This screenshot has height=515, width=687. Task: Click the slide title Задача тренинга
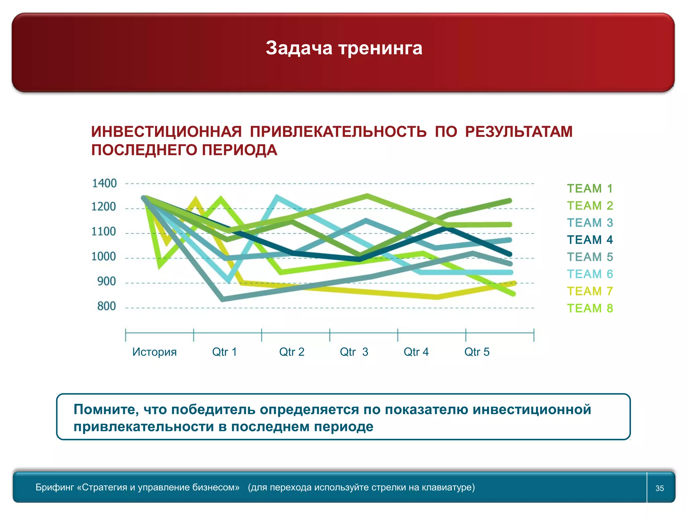344,48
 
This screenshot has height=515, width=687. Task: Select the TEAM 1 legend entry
590,188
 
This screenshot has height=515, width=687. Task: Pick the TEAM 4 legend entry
590,240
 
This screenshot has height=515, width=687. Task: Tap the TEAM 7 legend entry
590,291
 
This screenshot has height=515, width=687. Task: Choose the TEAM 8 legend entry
590,308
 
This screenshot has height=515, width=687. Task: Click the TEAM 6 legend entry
590,274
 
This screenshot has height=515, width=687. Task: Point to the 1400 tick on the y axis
104,183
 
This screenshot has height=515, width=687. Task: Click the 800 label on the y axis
106,306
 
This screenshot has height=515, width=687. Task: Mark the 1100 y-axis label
104,231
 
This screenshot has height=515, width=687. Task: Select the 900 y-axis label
106,281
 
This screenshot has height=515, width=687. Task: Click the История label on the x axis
154,352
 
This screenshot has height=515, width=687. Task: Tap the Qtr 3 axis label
354,352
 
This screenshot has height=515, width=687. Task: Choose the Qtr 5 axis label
477,352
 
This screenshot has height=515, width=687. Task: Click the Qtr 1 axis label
224,352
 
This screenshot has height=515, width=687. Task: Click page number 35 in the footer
659,488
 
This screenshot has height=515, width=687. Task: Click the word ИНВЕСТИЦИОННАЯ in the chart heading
166,132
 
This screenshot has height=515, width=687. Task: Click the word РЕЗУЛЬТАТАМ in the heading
519,132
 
